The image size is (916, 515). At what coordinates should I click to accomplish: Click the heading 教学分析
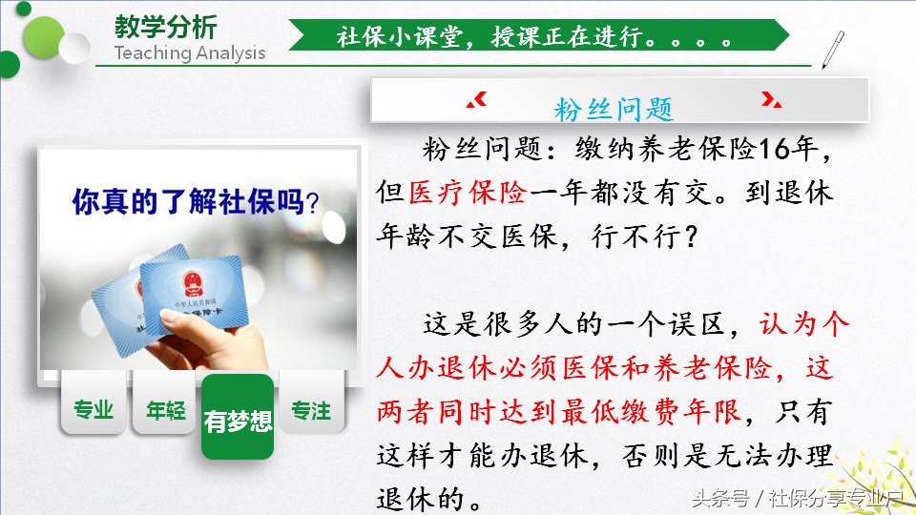(165, 26)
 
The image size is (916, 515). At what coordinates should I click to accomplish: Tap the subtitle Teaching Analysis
(190, 52)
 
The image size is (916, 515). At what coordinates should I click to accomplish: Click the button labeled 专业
(94, 410)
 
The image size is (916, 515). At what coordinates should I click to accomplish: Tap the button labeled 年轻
(165, 411)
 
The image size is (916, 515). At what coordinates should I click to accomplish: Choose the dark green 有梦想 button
(238, 420)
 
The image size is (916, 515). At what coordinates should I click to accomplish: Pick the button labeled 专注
(311, 410)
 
